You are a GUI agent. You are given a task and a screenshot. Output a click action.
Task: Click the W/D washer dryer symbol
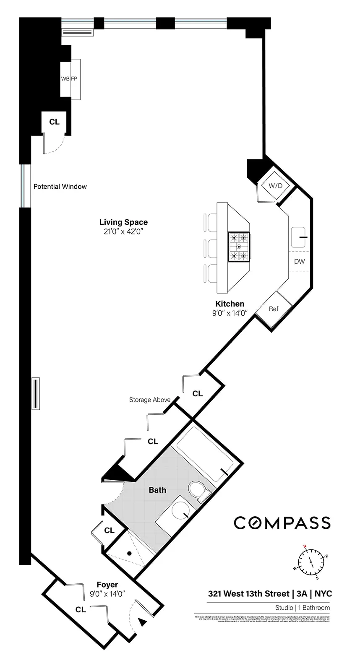click(275, 186)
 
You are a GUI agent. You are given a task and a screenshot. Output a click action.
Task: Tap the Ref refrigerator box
click(274, 309)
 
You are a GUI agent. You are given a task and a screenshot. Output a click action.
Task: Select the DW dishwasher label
click(299, 262)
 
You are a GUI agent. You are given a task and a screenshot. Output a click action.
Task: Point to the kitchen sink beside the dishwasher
click(299, 237)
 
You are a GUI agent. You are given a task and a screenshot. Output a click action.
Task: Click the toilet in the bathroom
click(198, 492)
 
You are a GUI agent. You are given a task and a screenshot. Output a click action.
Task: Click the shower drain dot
click(130, 554)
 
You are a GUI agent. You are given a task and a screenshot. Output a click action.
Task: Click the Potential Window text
click(60, 187)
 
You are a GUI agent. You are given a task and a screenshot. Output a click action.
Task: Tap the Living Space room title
click(123, 222)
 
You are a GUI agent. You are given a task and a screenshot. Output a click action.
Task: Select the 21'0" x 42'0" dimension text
click(123, 231)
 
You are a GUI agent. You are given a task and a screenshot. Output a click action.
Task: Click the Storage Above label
click(150, 400)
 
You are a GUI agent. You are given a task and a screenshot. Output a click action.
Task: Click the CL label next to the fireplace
click(54, 122)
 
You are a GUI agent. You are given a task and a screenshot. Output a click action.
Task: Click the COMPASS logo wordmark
click(282, 523)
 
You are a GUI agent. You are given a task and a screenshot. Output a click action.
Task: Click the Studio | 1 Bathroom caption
click(302, 608)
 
